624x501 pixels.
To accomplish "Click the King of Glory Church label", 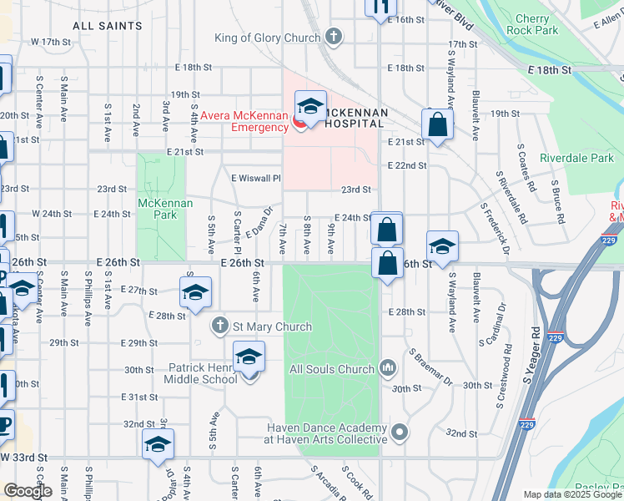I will click(x=267, y=38).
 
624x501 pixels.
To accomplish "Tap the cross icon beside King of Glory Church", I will click(x=334, y=37).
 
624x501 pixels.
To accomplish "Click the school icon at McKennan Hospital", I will click(x=309, y=107).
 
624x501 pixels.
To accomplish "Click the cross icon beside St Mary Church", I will click(x=219, y=326).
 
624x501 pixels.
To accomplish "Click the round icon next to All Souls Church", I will click(x=387, y=367).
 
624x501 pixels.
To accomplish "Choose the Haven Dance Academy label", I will click(x=326, y=433).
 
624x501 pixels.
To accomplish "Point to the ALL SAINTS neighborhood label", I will click(x=108, y=26).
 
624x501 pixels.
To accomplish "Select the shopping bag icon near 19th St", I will click(x=437, y=126).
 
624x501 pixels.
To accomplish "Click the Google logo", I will click(x=28, y=491).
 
